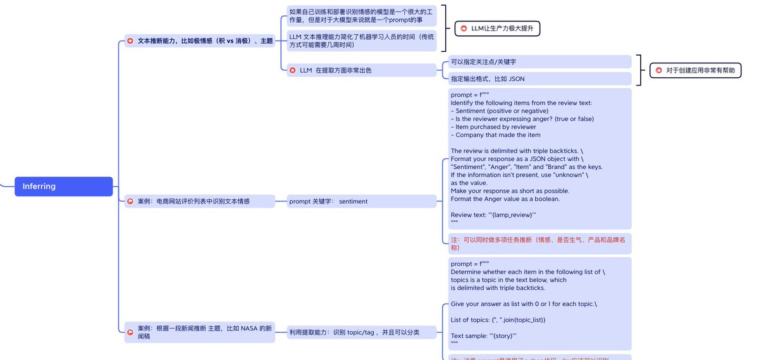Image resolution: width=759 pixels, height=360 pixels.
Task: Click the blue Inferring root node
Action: pyautogui.click(x=63, y=187)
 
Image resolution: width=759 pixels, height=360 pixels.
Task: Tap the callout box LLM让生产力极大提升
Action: pyautogui.click(x=497, y=28)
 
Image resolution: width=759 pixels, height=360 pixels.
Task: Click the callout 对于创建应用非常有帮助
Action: pyautogui.click(x=695, y=71)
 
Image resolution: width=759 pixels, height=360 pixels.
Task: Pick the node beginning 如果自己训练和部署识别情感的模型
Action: pyautogui.click(x=361, y=16)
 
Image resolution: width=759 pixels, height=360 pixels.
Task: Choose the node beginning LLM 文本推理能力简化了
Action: pyautogui.click(x=361, y=41)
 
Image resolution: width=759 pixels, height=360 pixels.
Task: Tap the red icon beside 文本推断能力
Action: pyautogui.click(x=130, y=41)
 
